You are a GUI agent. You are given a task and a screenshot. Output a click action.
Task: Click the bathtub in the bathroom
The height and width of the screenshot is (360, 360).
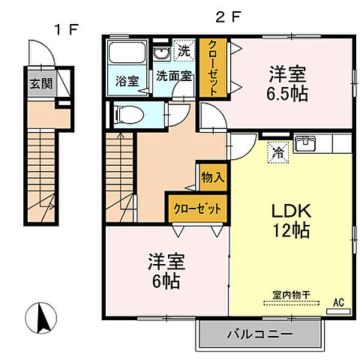point(127,55)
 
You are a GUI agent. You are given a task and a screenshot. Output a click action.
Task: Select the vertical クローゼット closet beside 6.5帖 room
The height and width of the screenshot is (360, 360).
point(213,68)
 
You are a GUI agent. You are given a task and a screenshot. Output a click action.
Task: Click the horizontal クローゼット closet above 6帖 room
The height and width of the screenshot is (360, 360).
point(197,208)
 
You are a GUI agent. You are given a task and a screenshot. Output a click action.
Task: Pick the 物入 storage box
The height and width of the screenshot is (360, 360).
point(213,178)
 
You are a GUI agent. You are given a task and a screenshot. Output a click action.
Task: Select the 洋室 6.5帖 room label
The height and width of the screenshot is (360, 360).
point(288,84)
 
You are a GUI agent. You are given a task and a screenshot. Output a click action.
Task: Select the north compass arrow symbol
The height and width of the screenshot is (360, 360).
point(43,318)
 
